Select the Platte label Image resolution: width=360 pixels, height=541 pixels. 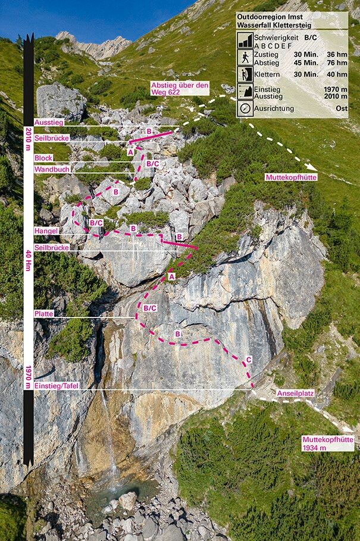(x=44, y=313)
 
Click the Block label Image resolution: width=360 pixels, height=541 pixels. (x=43, y=158)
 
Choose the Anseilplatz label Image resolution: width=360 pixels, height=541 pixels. (x=295, y=394)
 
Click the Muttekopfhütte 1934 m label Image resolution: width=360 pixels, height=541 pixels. (x=328, y=444)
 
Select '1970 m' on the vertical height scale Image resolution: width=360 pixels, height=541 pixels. (x=28, y=376)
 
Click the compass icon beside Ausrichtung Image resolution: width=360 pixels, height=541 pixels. (x=245, y=109)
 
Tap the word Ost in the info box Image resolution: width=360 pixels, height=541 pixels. (x=340, y=109)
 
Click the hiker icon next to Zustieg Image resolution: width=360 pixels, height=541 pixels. (x=245, y=56)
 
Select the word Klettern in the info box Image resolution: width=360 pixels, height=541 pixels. (x=268, y=74)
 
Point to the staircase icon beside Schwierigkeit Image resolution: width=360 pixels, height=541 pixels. (x=245, y=40)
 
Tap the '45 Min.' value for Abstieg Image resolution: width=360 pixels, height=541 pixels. (x=306, y=61)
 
